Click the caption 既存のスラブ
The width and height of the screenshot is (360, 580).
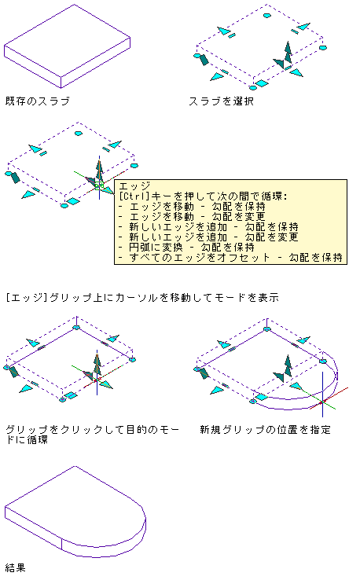(x=38, y=101)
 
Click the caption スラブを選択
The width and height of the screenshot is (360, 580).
(x=221, y=101)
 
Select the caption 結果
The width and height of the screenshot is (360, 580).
(x=16, y=567)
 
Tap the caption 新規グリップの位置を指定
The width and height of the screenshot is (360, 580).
(x=265, y=429)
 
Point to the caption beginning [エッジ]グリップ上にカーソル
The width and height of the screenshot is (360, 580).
(x=142, y=297)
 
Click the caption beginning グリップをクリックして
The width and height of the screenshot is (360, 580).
(x=93, y=435)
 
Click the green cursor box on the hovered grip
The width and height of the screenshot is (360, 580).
(x=99, y=185)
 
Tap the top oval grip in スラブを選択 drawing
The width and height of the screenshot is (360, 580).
(x=267, y=16)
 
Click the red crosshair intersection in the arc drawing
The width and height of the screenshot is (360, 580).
(x=322, y=402)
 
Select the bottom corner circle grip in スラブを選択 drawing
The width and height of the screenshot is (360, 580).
(x=252, y=88)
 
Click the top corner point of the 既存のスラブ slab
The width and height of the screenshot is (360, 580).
(x=75, y=5)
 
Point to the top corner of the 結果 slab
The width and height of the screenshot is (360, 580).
(x=75, y=466)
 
